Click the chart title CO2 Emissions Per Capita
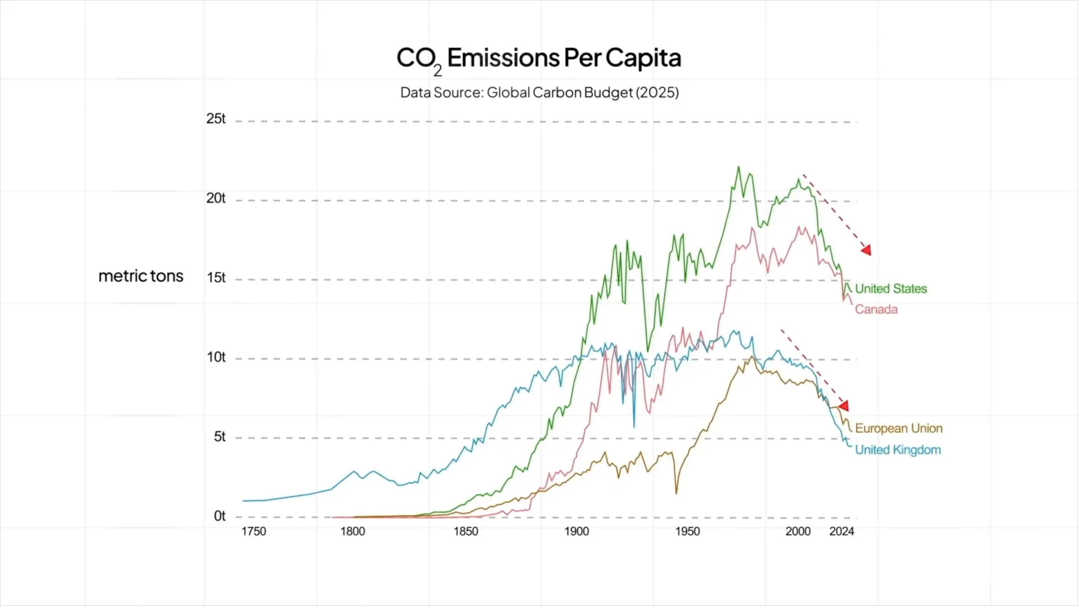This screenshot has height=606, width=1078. coord(538,58)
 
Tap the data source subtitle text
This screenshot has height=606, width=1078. coord(539,93)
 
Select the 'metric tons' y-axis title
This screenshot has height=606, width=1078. coord(141,276)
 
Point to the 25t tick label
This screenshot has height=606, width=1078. coord(216,119)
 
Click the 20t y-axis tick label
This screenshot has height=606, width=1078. coord(216,198)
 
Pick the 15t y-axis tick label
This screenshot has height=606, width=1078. coord(216,278)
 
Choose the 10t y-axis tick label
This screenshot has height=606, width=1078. coord(216,357)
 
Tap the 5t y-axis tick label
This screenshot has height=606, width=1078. coord(220,437)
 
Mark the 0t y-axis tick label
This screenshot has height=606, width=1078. coord(220,516)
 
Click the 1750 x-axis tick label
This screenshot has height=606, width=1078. coord(254,531)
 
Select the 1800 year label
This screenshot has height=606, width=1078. coord(353,531)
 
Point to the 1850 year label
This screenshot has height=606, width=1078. coord(466,531)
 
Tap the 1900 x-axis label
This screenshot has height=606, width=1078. coord(577,531)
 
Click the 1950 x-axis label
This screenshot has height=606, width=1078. coord(687,531)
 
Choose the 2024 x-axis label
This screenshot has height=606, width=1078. coord(842,531)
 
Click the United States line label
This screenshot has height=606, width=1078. coord(890,289)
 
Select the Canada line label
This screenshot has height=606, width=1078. coord(876,310)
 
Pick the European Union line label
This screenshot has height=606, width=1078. coord(898,429)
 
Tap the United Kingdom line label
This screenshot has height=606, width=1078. coord(898,450)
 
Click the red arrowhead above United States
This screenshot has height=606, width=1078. coord(866,250)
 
